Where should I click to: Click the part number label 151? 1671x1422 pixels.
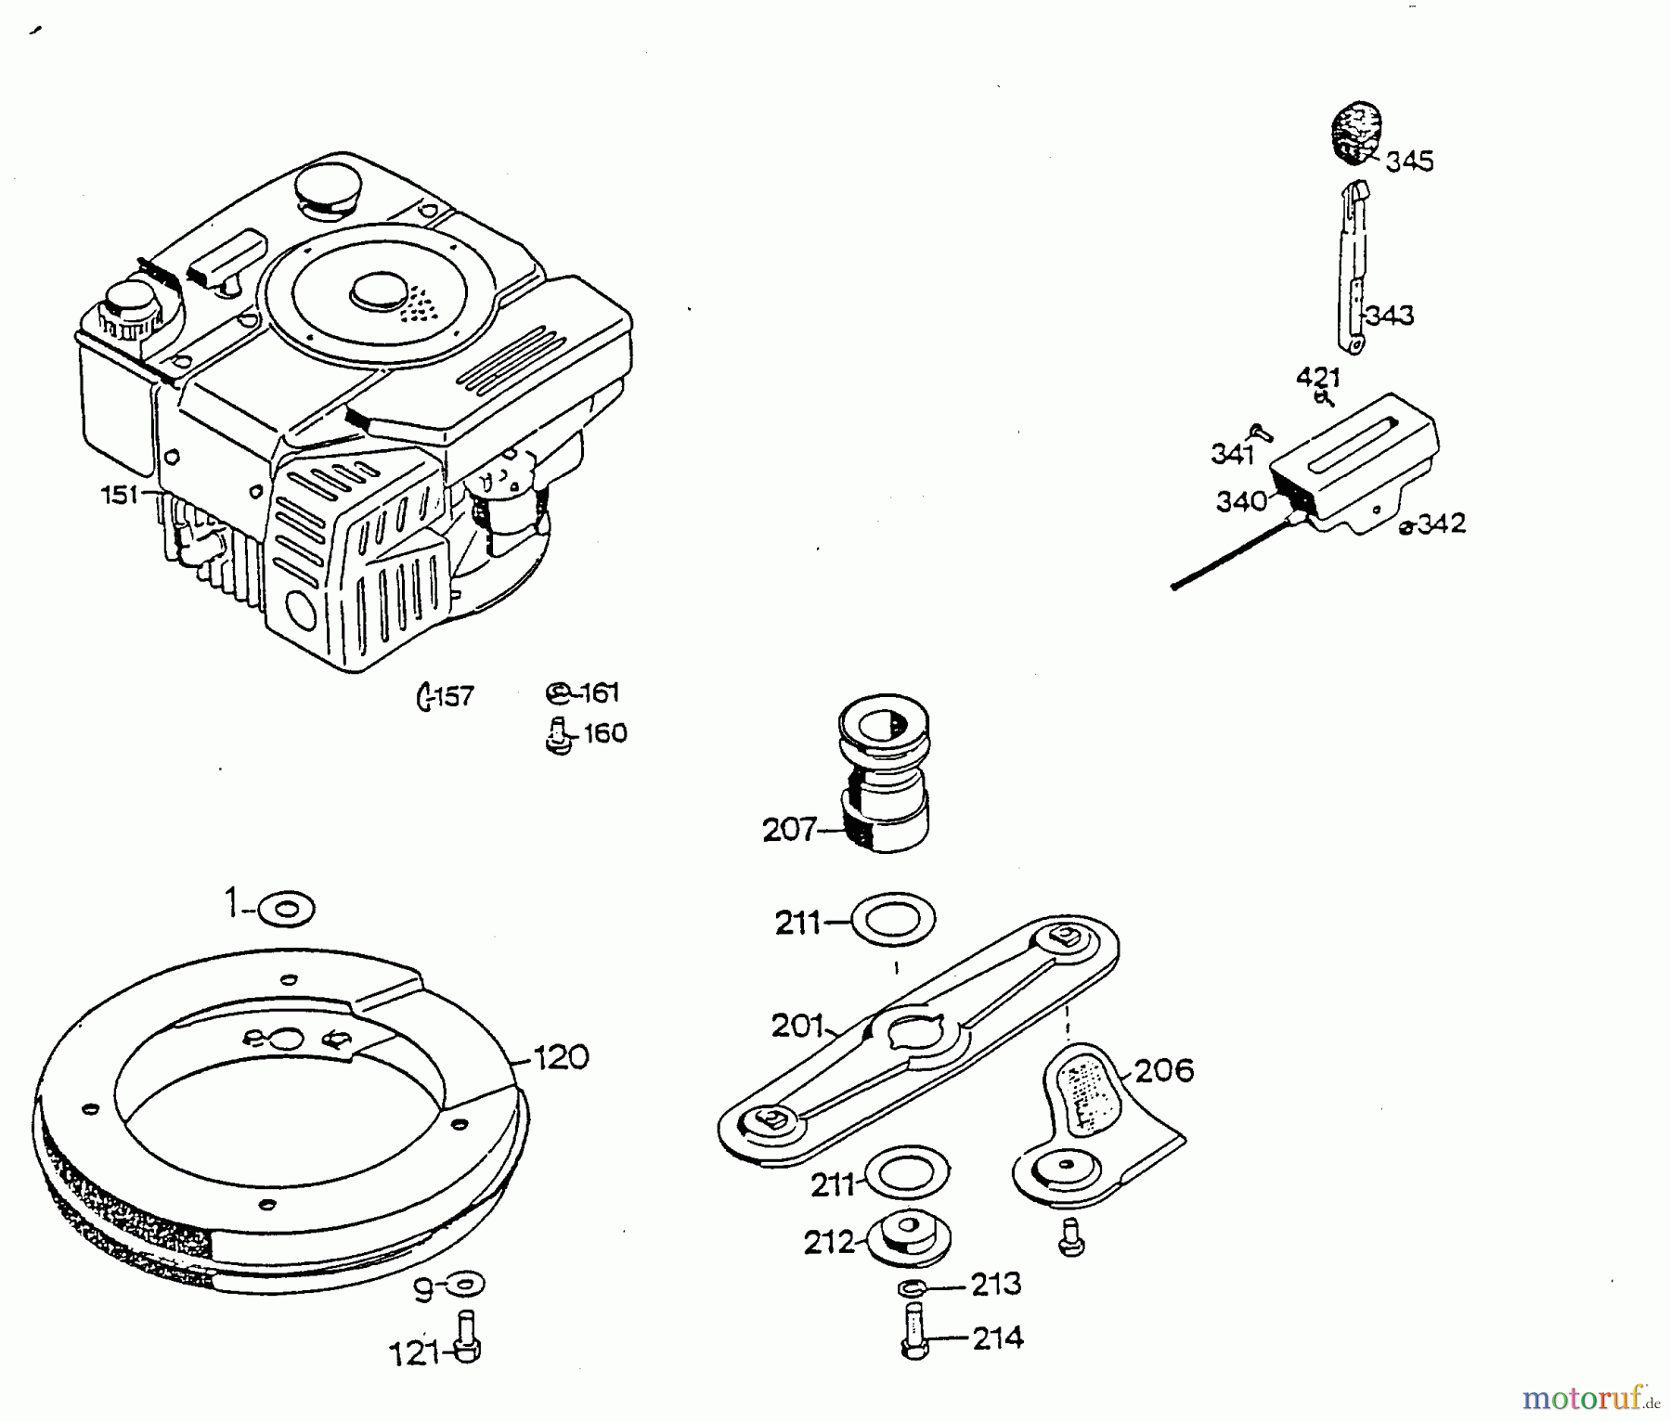pos(119,496)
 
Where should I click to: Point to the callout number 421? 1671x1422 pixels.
pos(1318,378)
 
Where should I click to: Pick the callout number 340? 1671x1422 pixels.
pos(1241,501)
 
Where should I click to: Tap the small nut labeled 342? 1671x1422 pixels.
pos(1406,526)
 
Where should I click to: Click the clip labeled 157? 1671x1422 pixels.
pos(425,696)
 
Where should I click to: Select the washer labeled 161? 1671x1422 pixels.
pos(557,692)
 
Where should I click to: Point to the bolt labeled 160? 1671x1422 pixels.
pos(557,735)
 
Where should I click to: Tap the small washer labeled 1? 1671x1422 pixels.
pos(287,909)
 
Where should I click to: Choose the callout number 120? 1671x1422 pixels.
pos(562,1057)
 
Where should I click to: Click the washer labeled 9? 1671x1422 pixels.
pos(465,1285)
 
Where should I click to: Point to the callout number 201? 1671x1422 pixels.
pos(797,1026)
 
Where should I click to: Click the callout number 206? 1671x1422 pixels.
pos(1164,1071)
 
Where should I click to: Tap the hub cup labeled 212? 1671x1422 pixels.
pos(910,1237)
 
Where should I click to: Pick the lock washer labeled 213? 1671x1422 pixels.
pos(913,1287)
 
